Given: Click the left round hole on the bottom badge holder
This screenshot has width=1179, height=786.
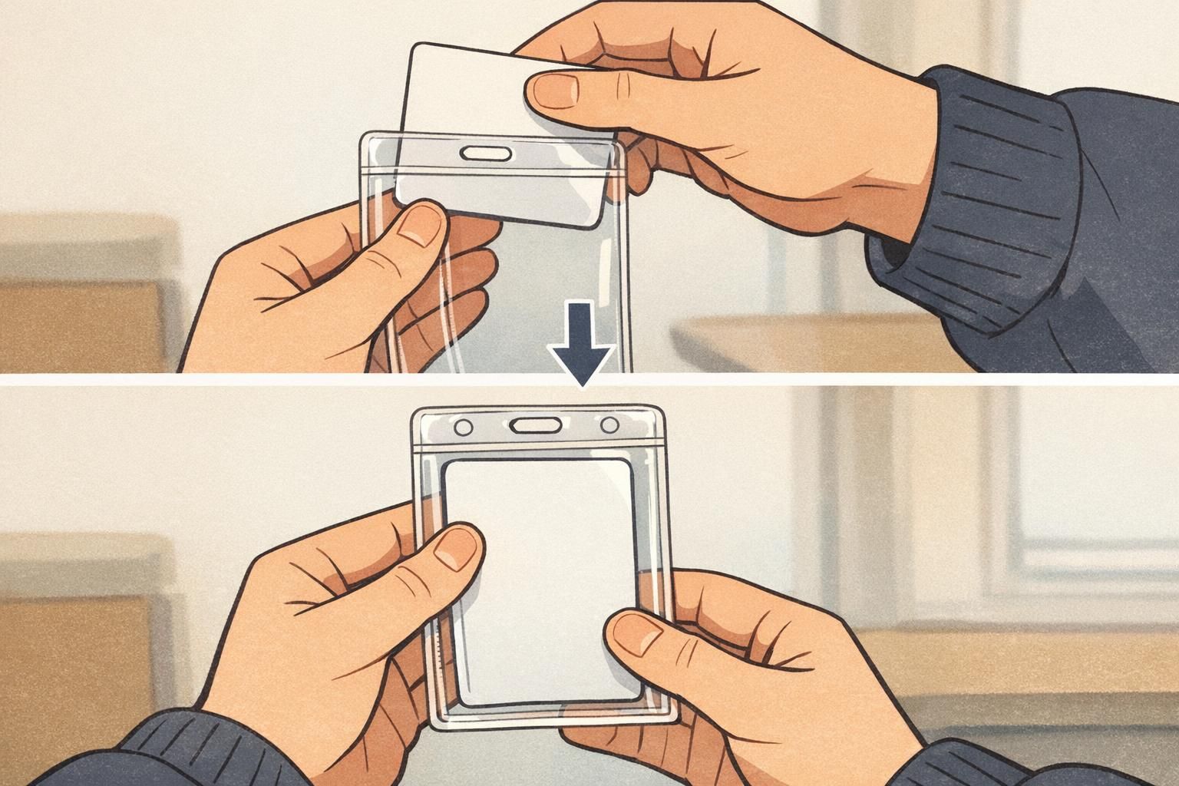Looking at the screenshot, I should [464, 425].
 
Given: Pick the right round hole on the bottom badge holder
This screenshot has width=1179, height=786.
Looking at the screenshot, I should [609, 424].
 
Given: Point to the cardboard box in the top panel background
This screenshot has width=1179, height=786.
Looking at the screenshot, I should [77, 307].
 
